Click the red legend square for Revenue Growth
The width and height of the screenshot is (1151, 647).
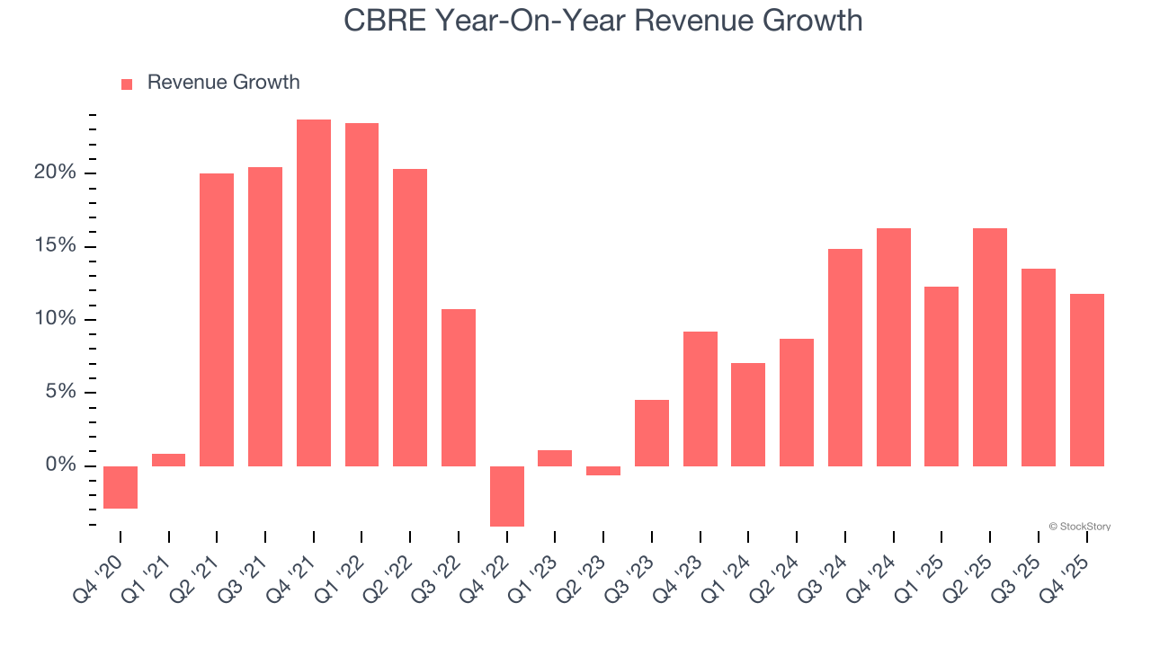(x=127, y=84)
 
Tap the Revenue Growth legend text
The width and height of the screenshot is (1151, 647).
(x=223, y=83)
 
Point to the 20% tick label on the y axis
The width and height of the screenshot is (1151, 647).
(x=55, y=173)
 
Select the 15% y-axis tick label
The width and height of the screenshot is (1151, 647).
(x=55, y=246)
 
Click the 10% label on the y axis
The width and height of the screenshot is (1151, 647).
(x=55, y=319)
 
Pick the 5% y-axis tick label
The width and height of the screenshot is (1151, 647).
(x=59, y=392)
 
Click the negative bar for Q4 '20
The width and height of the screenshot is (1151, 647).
(x=120, y=487)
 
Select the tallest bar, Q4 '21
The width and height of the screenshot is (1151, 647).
(x=314, y=292)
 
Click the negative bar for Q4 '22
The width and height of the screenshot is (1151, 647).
(x=507, y=496)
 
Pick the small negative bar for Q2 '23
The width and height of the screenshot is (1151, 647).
(x=603, y=471)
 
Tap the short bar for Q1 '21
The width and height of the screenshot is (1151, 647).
(x=169, y=460)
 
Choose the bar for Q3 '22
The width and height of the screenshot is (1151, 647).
(x=459, y=387)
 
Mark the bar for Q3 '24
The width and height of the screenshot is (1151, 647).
(x=845, y=357)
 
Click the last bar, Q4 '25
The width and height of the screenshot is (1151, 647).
(x=1086, y=379)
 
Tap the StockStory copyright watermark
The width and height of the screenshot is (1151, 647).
(x=1079, y=527)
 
